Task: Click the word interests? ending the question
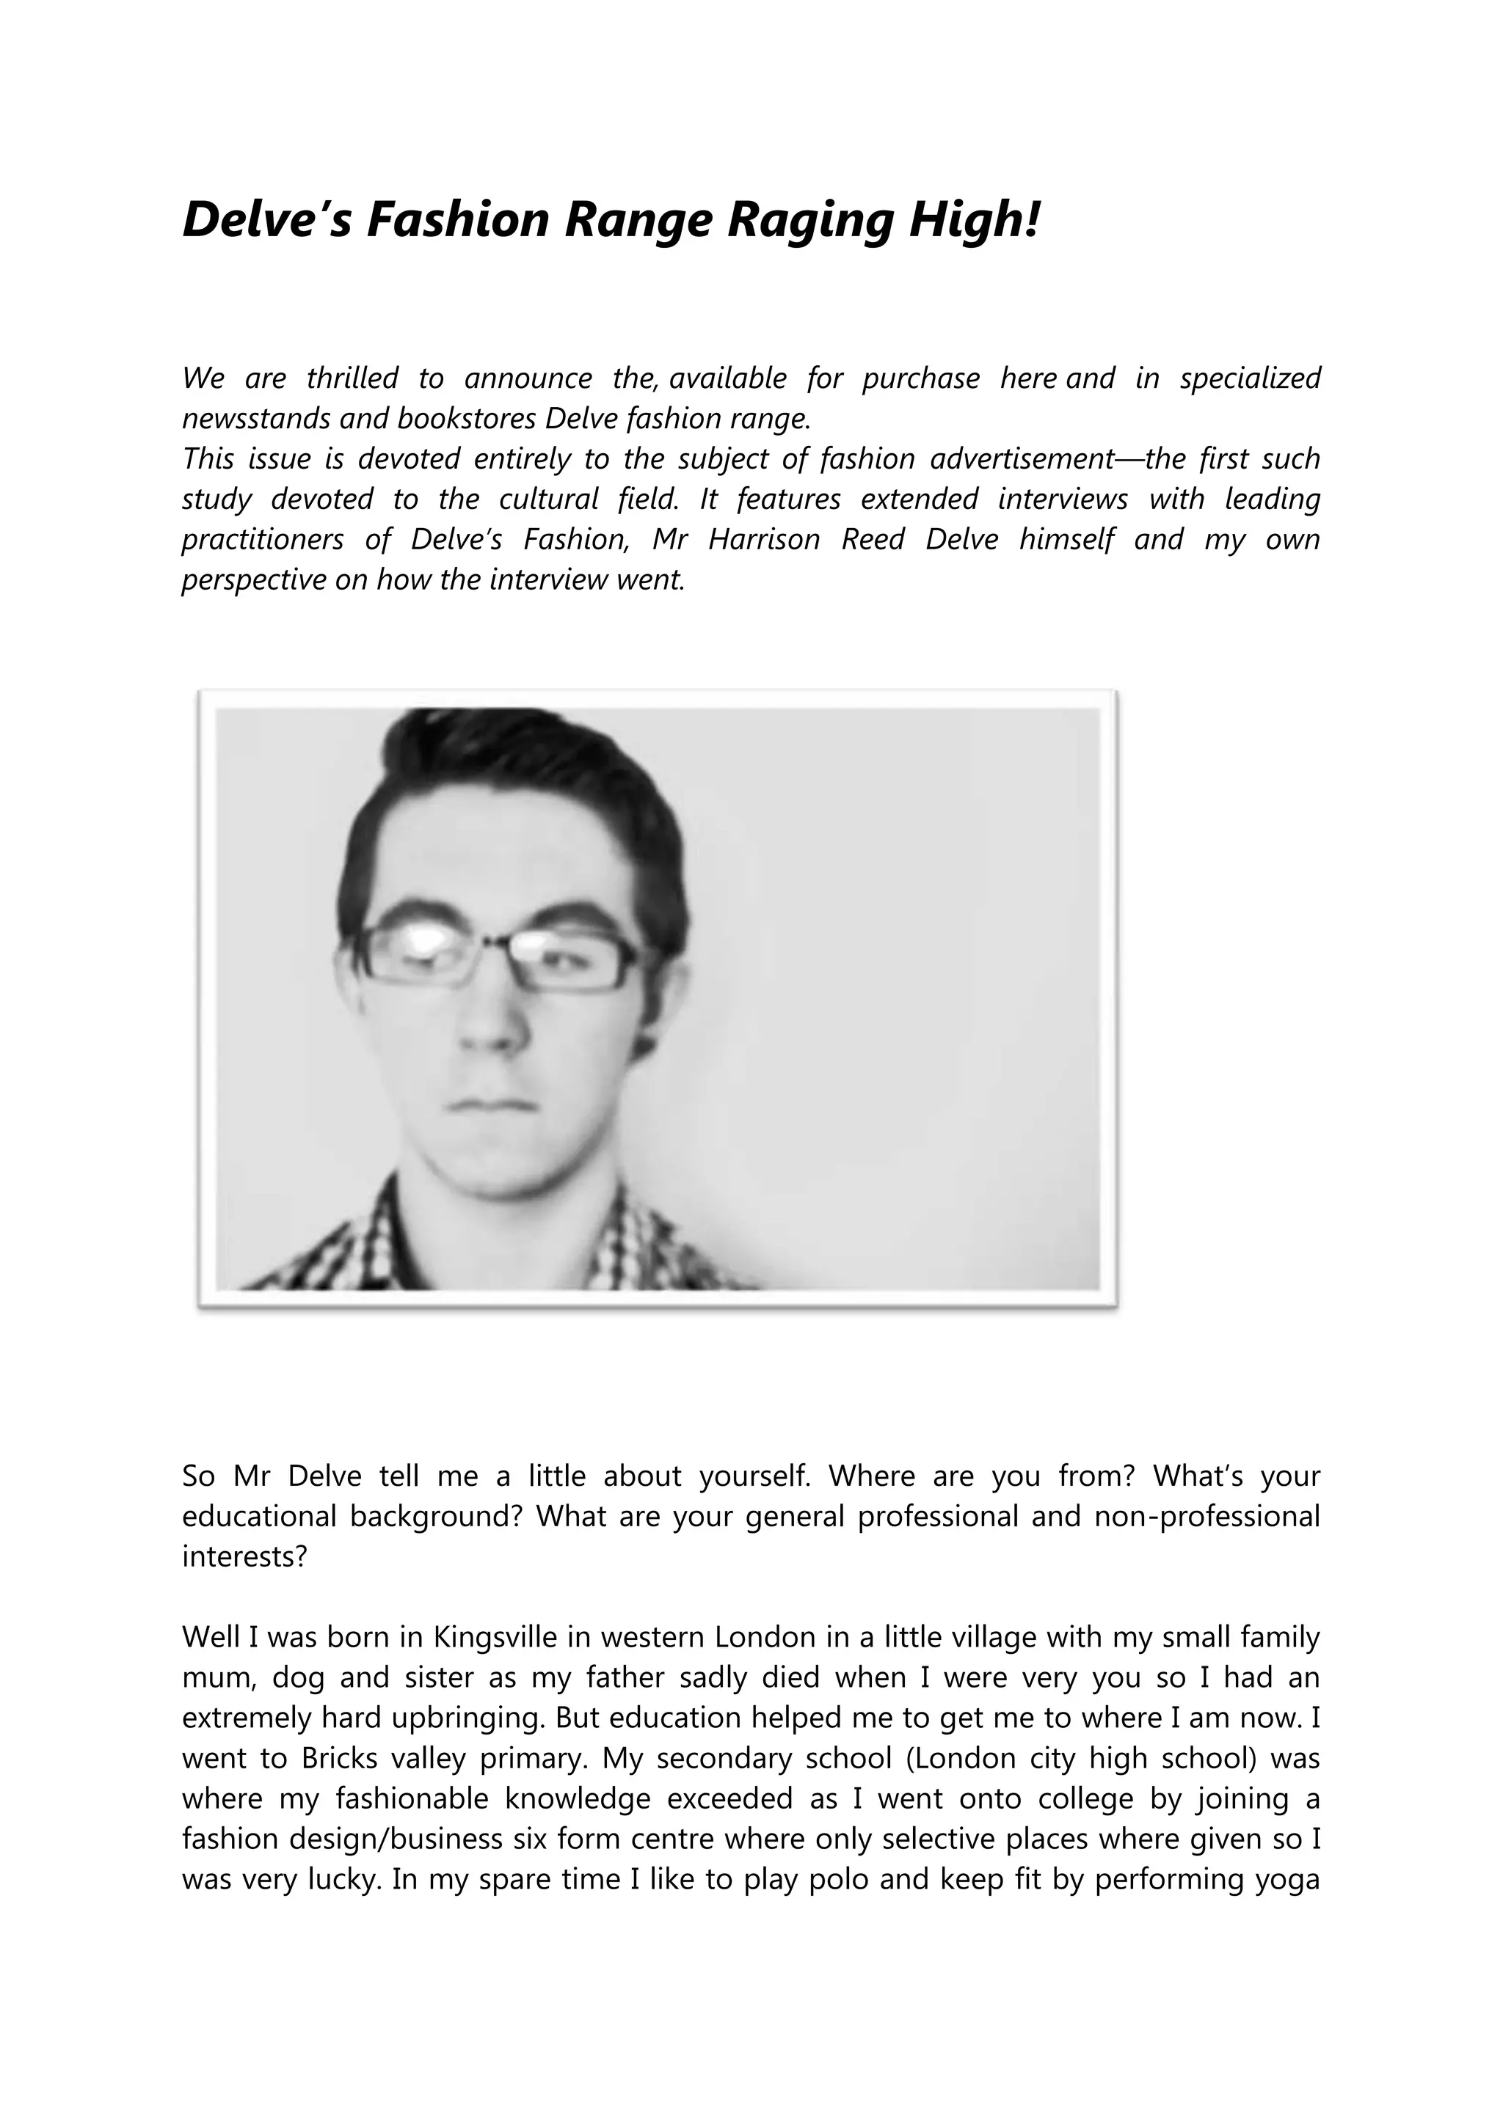[x=244, y=1557]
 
